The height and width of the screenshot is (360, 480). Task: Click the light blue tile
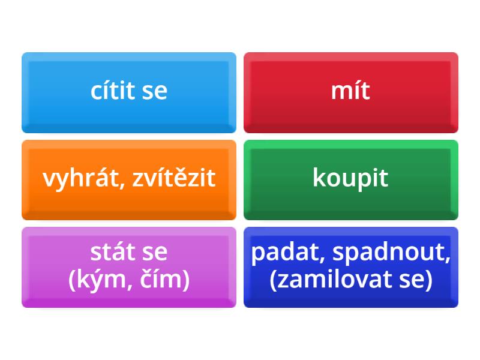(129, 93)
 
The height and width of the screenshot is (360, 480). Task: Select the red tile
(351, 93)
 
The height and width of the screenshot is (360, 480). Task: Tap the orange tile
(129, 180)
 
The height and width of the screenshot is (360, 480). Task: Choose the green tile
(351, 180)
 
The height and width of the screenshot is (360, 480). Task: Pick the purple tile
(129, 267)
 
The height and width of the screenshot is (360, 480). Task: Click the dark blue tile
(351, 267)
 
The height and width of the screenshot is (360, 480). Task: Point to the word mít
(350, 90)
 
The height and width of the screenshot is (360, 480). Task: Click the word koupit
(350, 178)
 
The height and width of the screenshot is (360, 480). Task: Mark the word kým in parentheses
(100, 280)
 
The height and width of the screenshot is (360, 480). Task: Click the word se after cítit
(155, 91)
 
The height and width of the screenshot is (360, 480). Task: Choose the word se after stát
(155, 253)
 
